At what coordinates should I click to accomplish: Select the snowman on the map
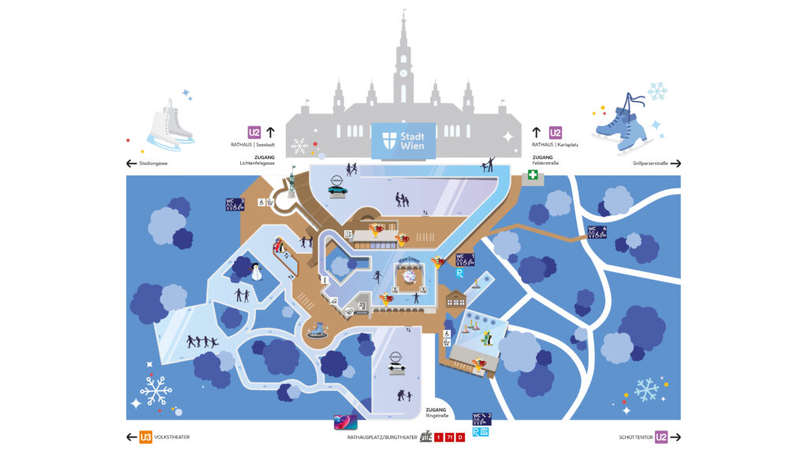tap(255, 272)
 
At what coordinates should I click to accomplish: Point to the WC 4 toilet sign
tap(597, 233)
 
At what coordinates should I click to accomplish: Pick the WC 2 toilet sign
tap(482, 418)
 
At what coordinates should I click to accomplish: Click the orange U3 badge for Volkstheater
tap(145, 437)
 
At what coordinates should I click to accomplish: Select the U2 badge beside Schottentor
tap(661, 437)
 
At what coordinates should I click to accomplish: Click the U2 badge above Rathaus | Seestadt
tap(255, 132)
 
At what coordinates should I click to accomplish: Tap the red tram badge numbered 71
tap(449, 437)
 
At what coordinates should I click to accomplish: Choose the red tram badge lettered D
tap(460, 437)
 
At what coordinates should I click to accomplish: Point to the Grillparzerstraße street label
tap(649, 164)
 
